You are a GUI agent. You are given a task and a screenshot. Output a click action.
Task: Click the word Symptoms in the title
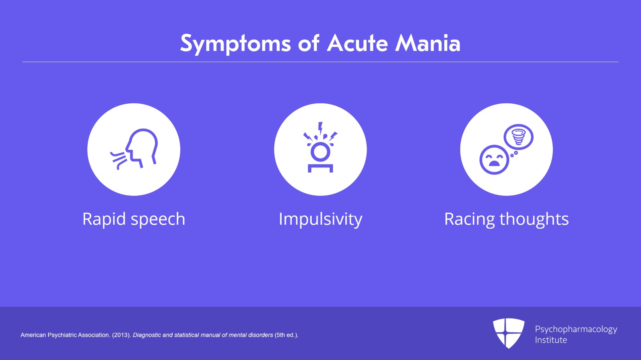coord(235,44)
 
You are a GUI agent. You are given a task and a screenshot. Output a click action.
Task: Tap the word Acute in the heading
coord(357,43)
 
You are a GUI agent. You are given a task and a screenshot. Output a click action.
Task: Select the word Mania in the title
coord(427,43)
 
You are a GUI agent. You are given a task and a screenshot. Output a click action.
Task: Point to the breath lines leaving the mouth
coord(118,160)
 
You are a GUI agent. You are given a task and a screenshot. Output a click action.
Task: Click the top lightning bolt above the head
coord(320,128)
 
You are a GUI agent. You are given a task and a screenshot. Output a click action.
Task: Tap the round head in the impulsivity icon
coord(320,152)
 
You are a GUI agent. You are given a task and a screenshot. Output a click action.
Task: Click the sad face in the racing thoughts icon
coord(494,160)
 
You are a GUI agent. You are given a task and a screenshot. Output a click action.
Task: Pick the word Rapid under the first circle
coord(104,219)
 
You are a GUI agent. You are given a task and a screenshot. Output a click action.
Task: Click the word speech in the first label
coord(158,219)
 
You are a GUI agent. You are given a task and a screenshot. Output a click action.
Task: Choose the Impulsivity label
coord(320,219)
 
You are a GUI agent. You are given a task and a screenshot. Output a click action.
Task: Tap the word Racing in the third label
coord(469,219)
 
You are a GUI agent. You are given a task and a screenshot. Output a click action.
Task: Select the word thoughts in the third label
coord(534,219)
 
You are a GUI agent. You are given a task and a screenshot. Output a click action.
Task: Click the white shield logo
coord(509,333)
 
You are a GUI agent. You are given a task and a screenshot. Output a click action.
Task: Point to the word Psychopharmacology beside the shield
coord(576,330)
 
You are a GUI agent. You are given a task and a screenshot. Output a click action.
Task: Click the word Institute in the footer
coord(551,340)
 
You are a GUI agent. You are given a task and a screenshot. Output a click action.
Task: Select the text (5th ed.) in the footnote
coord(286,335)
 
